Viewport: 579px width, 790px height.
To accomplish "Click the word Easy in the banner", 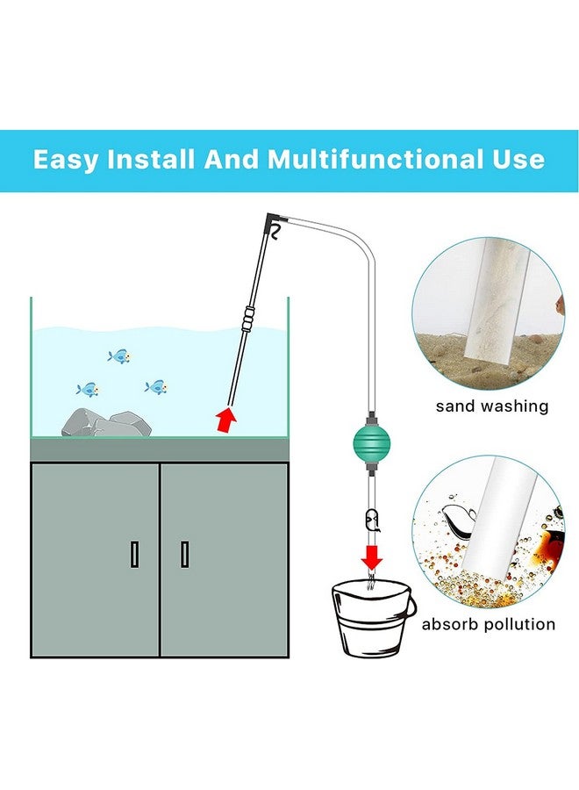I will [68, 160].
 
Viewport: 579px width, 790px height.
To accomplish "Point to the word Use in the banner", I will [514, 160].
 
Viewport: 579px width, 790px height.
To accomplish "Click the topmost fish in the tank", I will [118, 356].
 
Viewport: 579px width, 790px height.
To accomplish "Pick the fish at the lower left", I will [88, 389].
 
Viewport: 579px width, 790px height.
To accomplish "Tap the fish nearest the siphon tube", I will [156, 386].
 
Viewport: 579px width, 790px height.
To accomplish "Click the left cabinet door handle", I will [134, 554].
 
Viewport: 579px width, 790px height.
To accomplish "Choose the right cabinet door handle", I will [184, 554].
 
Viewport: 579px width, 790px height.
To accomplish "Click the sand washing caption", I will [492, 406].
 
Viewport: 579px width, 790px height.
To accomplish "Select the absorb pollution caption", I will [489, 624].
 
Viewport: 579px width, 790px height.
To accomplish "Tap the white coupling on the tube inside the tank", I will [249, 313].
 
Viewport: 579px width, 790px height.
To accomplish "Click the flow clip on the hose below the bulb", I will [372, 522].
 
